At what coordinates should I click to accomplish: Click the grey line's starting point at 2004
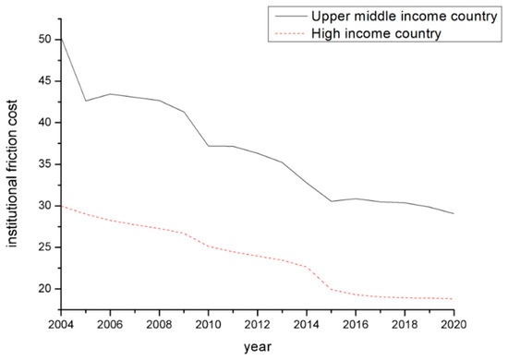point(60,38)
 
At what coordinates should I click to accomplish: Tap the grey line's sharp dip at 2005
point(86,101)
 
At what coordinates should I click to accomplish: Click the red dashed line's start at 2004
point(60,206)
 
